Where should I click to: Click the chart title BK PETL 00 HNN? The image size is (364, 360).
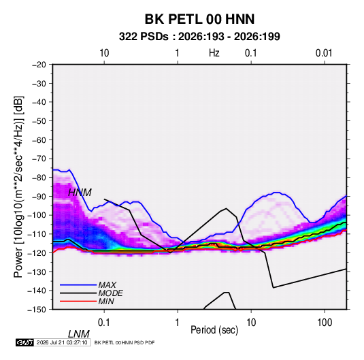pos(199,19)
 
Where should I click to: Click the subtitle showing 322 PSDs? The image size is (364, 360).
pos(199,37)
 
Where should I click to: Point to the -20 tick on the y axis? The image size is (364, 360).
pos(39,65)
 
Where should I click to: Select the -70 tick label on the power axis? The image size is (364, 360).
pos(39,159)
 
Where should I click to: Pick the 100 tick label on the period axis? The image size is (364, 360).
pos(325,323)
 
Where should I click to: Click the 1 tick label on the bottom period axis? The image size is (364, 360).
pos(178,323)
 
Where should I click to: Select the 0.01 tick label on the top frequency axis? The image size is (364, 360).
pos(324,53)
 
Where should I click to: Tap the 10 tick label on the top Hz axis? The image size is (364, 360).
pos(104,53)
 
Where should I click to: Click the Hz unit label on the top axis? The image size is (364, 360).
pos(214,53)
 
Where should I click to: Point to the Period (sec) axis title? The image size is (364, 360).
pos(214,330)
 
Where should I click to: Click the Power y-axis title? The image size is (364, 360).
pos(18,187)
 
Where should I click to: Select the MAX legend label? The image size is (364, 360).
pos(107,284)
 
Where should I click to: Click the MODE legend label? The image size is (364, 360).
pos(110,293)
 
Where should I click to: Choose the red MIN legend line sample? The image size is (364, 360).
pos(78,301)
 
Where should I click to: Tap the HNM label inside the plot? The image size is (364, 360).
pos(80,193)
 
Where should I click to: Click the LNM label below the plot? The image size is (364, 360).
pos(78,334)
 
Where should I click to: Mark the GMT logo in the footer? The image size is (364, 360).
pos(24,342)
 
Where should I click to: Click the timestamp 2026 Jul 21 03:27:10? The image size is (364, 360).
pos(62,342)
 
